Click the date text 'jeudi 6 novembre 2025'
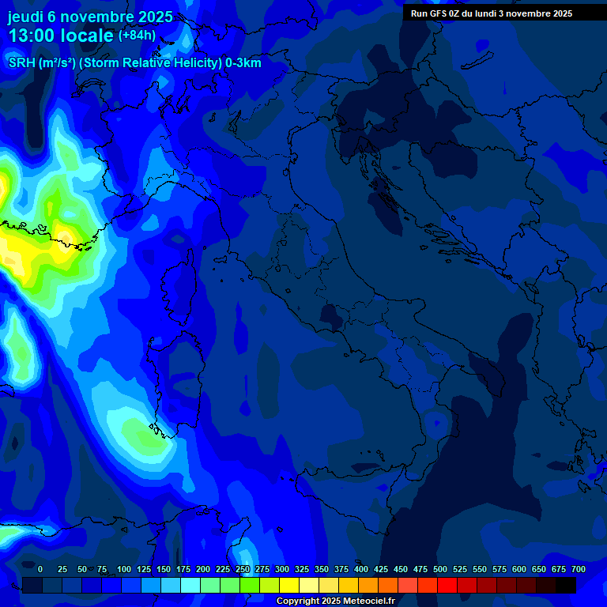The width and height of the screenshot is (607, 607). click(x=90, y=17)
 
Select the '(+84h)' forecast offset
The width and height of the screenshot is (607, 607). click(x=137, y=36)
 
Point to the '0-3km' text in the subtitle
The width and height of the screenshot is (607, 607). click(x=243, y=63)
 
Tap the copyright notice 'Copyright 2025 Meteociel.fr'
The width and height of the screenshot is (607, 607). click(x=335, y=601)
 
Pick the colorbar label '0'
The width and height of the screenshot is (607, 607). click(x=40, y=570)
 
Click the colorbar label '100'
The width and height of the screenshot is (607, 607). click(x=124, y=570)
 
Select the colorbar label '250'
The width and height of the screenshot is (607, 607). click(x=243, y=570)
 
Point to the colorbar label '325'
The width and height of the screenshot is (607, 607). click(x=302, y=570)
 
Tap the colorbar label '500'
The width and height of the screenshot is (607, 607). click(x=440, y=570)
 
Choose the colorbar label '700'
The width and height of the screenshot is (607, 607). click(x=578, y=570)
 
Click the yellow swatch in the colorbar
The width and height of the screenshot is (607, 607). click(x=289, y=585)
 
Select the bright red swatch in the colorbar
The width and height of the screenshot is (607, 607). click(x=447, y=585)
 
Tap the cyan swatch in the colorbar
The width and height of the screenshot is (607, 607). click(x=190, y=585)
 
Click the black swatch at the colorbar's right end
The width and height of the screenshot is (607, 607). click(x=566, y=585)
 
